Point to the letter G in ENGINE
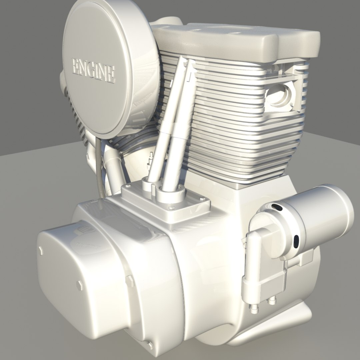pos(92,69)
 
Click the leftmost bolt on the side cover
pos(41,251)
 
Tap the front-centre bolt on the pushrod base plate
pos(171,208)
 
